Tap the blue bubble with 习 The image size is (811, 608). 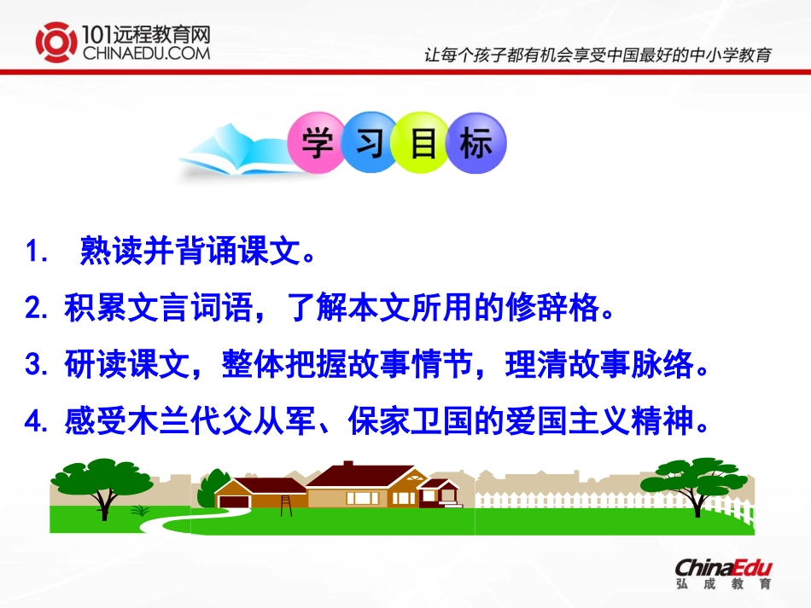tap(369, 143)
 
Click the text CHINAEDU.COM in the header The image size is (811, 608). tap(146, 53)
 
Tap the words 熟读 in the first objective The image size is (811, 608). tap(105, 252)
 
